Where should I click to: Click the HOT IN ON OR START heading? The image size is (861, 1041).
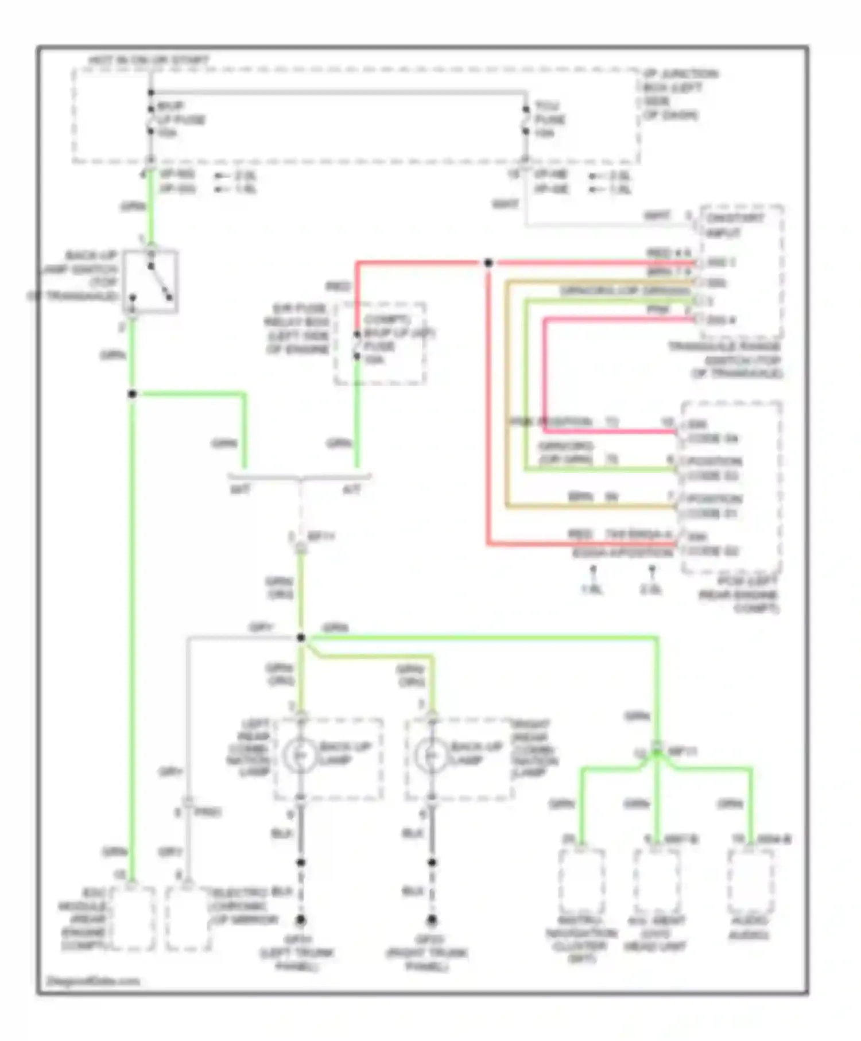click(x=149, y=60)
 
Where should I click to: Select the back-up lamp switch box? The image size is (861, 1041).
click(x=150, y=282)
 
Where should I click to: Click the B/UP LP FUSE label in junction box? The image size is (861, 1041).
click(x=181, y=119)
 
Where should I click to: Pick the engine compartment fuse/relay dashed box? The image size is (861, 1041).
click(x=381, y=343)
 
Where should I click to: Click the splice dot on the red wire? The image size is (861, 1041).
click(x=488, y=263)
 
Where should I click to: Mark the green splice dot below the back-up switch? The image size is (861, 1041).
click(x=132, y=394)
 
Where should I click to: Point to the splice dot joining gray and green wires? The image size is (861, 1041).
click(x=301, y=638)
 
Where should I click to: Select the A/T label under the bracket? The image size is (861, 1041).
click(x=351, y=490)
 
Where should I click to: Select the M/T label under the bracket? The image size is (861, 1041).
click(x=239, y=490)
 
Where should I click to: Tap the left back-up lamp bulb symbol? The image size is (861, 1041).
click(x=301, y=756)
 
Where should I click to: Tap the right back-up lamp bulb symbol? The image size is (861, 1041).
click(x=432, y=756)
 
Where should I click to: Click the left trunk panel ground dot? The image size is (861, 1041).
click(x=300, y=920)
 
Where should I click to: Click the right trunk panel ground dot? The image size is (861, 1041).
click(x=432, y=920)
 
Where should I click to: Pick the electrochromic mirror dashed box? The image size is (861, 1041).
click(x=188, y=918)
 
